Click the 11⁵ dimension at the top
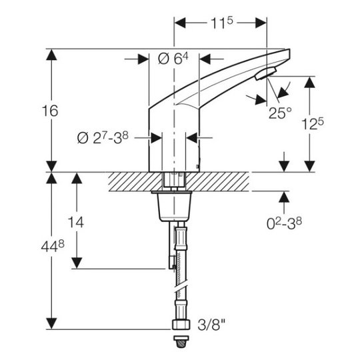(221, 23)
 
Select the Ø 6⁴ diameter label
(173, 59)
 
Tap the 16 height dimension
(50, 111)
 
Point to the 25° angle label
(280, 113)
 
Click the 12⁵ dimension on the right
(313, 124)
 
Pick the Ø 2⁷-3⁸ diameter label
(103, 138)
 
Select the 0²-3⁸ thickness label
(284, 223)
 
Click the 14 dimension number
(76, 222)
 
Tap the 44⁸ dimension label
(53, 247)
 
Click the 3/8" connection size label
(211, 325)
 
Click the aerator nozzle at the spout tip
(265, 73)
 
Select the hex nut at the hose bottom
(181, 325)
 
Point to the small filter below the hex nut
(181, 341)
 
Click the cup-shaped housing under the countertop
(175, 206)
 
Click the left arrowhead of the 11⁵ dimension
(180, 23)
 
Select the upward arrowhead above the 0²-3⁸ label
(284, 197)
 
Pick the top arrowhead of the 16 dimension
(51, 55)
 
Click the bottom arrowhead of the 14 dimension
(77, 263)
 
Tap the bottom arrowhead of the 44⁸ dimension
(51, 323)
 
